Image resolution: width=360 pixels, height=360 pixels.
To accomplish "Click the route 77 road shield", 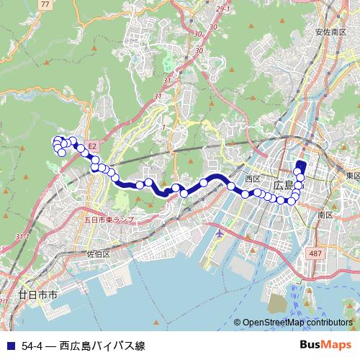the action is [x=47, y=4].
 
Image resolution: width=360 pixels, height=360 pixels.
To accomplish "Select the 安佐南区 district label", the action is [x=331, y=32].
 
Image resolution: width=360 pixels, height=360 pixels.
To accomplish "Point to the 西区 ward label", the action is [x=252, y=178].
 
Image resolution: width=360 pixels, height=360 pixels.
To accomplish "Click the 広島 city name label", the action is [x=284, y=185].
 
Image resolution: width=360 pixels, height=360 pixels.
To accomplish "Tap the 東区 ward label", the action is [x=352, y=176].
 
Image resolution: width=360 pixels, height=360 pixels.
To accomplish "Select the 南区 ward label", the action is [x=324, y=215].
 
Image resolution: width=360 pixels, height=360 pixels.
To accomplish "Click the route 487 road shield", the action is [x=315, y=253].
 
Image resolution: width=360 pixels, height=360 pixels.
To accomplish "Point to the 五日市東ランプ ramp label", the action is [x=109, y=219].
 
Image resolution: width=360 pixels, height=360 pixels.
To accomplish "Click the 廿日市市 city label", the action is [x=37, y=295].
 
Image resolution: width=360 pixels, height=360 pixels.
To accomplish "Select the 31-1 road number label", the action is [x=21, y=237].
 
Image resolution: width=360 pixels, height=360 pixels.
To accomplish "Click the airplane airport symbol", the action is [x=219, y=235].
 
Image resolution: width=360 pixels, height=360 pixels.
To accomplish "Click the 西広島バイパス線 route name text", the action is [x=102, y=346].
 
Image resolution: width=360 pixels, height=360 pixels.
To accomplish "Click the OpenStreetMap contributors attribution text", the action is [x=298, y=323].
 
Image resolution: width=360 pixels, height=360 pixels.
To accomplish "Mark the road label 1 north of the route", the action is [x=163, y=127].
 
